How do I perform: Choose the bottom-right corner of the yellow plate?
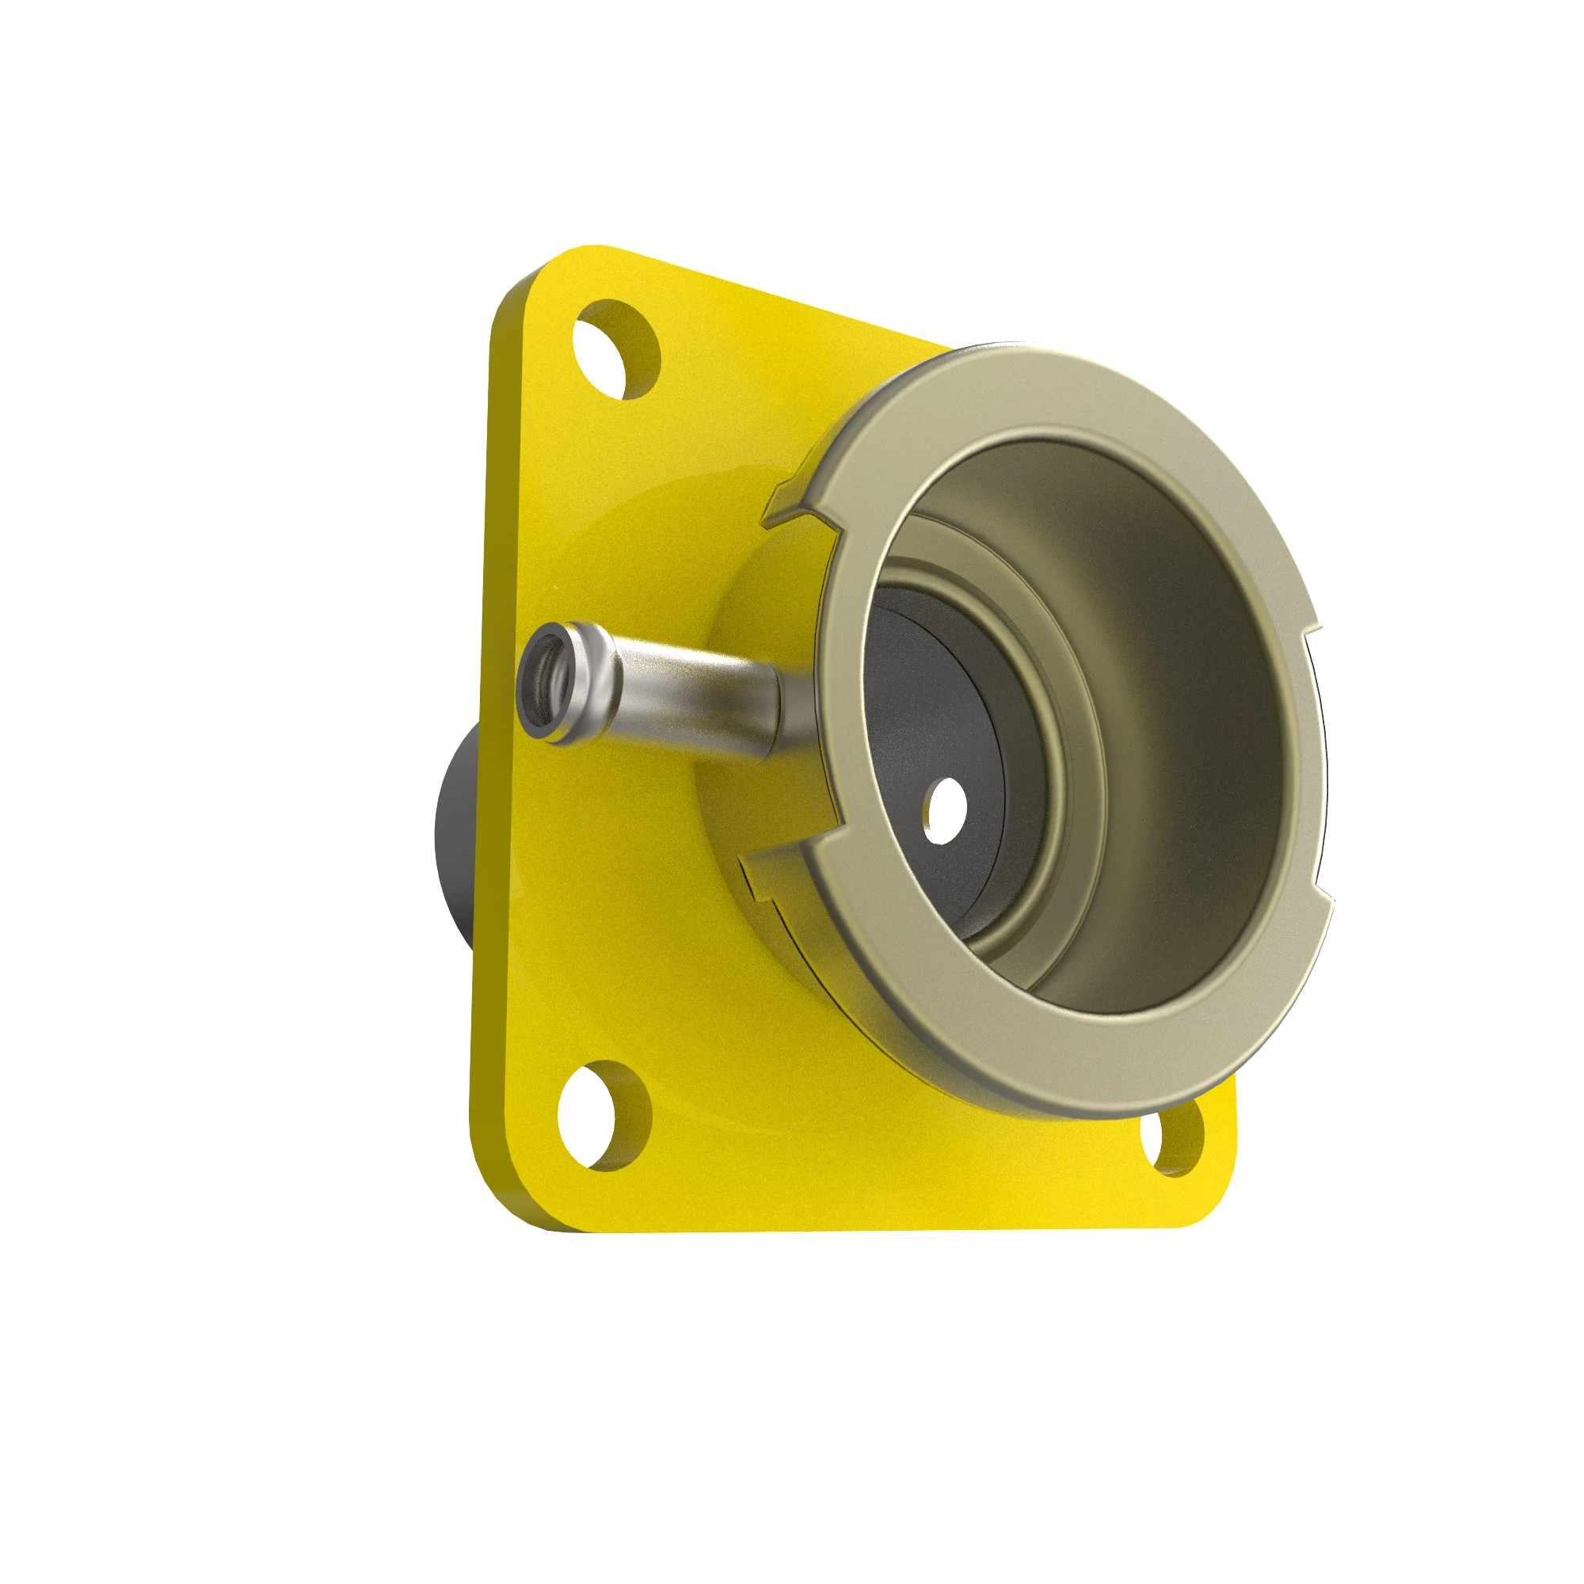(1213, 1221)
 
